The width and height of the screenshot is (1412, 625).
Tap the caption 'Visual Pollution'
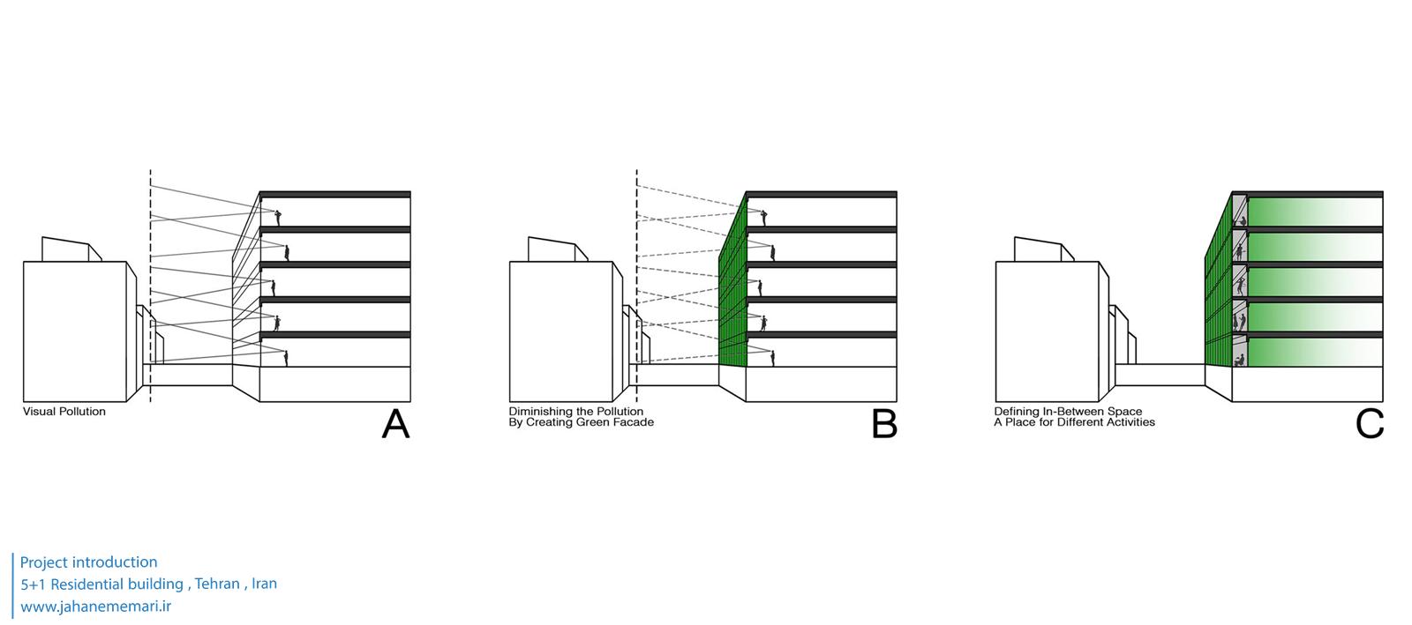coord(64,412)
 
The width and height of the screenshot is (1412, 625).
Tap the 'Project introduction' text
coord(88,562)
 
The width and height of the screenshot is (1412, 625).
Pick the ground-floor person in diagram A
coord(286,357)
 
